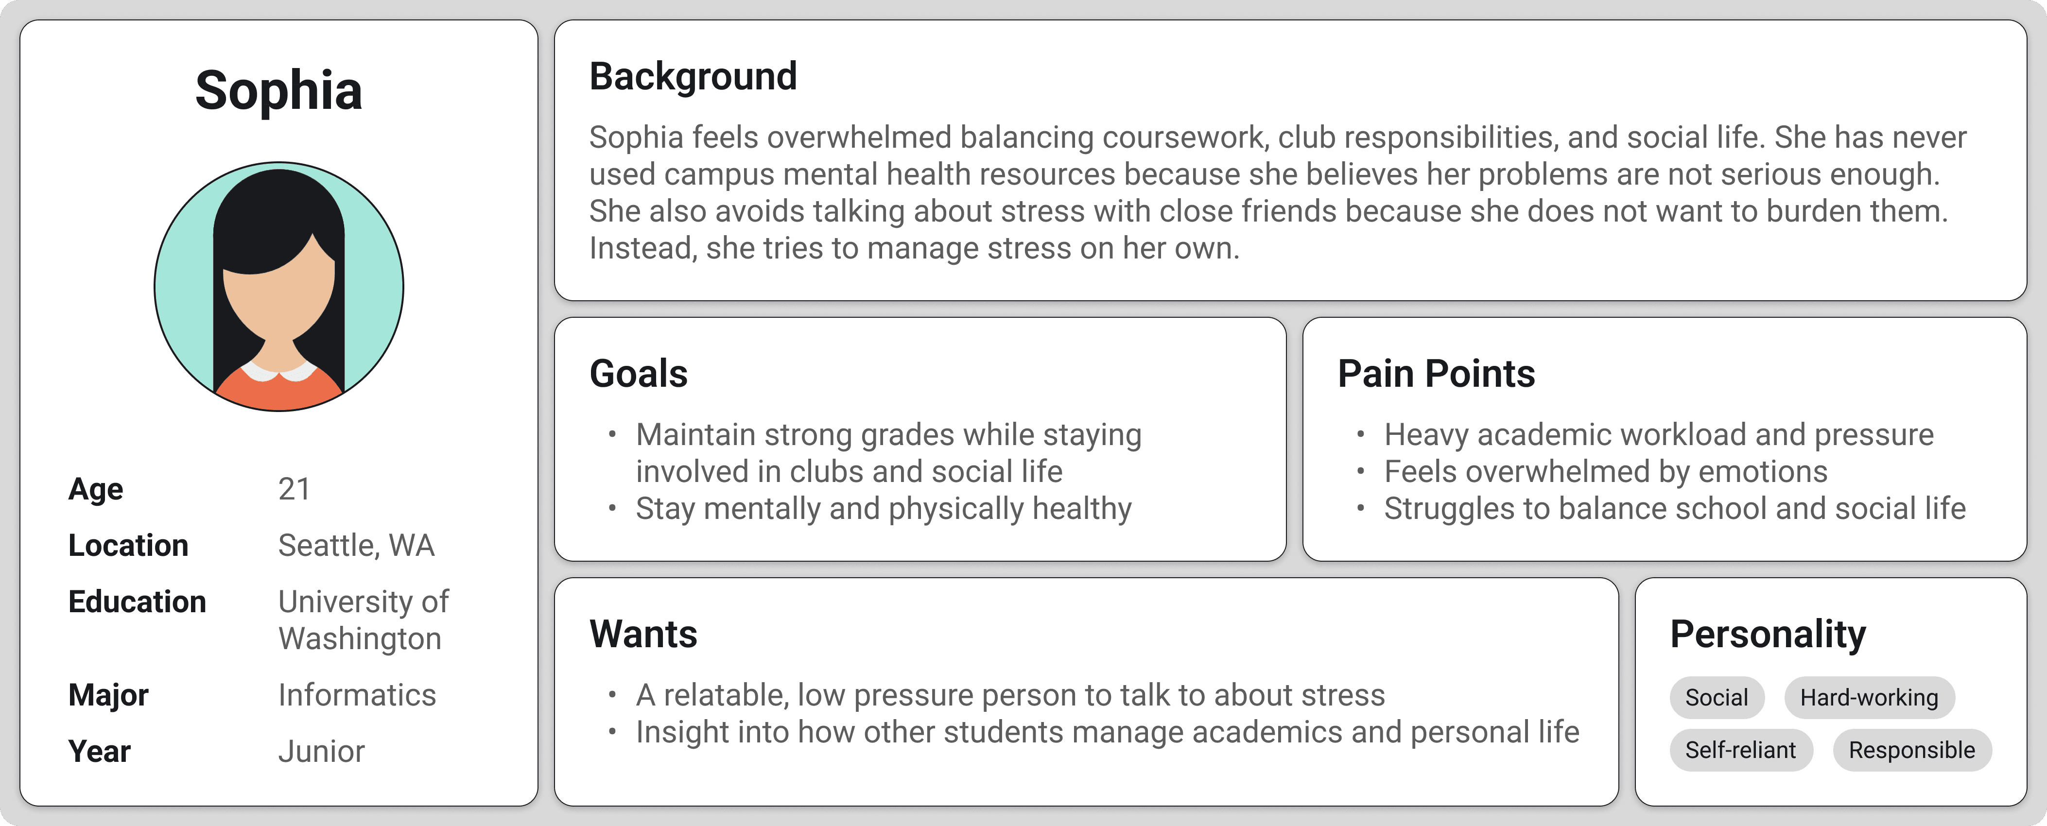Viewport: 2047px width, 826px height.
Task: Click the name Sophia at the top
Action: click(x=279, y=90)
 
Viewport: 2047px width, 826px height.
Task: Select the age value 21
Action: click(x=294, y=488)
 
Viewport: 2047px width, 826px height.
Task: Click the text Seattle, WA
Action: click(x=356, y=546)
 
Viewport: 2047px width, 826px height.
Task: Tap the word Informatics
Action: click(x=357, y=695)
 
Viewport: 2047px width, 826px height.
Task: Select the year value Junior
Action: click(x=321, y=751)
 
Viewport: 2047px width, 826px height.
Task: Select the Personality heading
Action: click(x=1767, y=635)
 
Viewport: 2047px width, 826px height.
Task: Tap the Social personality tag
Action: click(x=1717, y=697)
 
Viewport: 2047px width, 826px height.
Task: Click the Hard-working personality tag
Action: click(x=1869, y=697)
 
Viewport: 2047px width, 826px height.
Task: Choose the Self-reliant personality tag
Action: click(x=1741, y=750)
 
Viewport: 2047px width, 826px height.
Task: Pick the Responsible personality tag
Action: click(x=1912, y=750)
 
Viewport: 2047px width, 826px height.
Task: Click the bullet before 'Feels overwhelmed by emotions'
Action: click(x=1360, y=472)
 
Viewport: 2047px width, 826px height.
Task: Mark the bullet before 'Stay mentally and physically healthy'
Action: click(x=612, y=508)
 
